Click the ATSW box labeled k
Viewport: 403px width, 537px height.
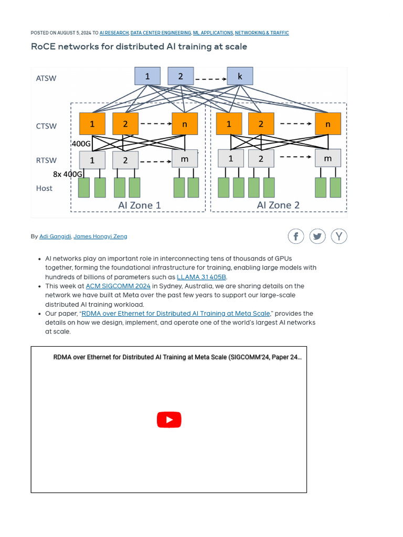pos(240,76)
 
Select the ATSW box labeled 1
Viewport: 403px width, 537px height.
pos(147,76)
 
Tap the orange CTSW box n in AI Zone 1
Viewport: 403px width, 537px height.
pos(185,124)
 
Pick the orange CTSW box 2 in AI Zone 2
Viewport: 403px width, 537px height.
pos(261,124)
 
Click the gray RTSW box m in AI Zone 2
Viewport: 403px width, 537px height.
pos(327,158)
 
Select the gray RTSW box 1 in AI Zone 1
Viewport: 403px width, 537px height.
pos(92,160)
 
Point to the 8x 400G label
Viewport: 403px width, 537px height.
pos(68,174)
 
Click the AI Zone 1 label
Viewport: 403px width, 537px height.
pos(140,205)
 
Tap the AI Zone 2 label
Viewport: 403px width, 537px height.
pos(278,205)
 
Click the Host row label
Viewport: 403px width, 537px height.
pos(44,188)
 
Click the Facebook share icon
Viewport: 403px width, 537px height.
pos(296,237)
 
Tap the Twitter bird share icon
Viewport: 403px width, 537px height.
pos(317,237)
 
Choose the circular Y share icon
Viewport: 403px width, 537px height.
pos(339,237)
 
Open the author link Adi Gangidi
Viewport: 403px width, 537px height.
pos(55,237)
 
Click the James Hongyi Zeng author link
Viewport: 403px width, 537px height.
pos(100,237)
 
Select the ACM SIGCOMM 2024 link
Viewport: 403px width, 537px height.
pos(118,286)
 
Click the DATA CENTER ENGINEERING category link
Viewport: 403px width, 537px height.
pos(161,33)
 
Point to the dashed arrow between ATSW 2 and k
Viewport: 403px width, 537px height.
pos(210,79)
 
